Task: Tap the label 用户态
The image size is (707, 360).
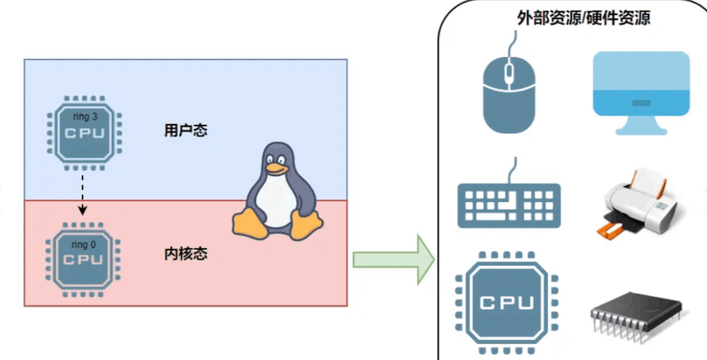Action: (186, 131)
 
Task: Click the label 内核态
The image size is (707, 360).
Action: (186, 254)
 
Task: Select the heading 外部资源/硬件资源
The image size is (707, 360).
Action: (583, 18)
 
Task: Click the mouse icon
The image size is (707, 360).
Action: (508, 93)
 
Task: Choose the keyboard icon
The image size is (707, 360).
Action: (509, 204)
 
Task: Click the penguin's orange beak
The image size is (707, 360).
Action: (276, 170)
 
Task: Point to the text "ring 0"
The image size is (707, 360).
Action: (83, 245)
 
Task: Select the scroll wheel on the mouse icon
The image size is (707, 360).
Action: (508, 72)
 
